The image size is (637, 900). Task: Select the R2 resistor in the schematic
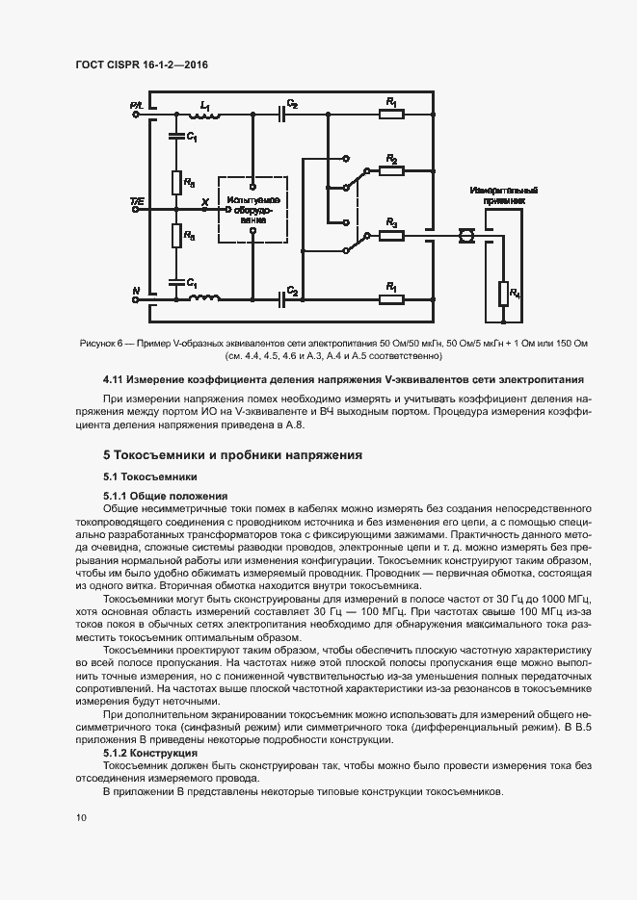390,170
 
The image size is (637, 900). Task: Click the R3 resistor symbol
390,233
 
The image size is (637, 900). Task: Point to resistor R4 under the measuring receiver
503,293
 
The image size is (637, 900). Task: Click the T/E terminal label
136,201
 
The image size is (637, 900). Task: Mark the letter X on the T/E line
203,202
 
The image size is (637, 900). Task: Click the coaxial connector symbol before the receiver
465,233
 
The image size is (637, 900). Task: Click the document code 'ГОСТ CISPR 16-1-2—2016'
142,65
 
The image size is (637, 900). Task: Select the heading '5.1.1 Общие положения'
165,496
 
